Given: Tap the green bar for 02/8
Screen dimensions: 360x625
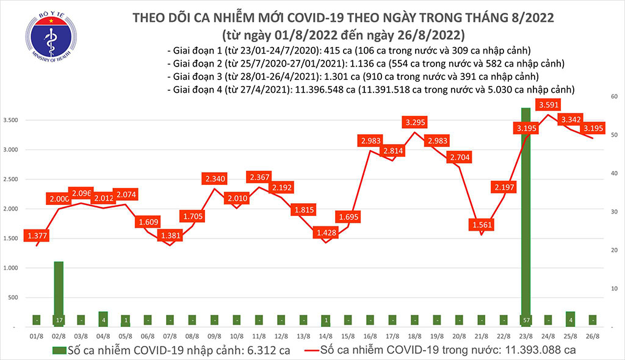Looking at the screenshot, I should [59, 290].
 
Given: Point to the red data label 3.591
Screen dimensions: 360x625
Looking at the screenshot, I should [549, 105].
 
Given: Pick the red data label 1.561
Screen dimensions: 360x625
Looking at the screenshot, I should [482, 224].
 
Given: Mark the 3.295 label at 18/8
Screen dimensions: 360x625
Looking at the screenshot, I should [414, 122].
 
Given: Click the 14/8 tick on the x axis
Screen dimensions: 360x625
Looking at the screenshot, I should [325, 336].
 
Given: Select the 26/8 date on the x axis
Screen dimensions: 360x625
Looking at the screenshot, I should [593, 336].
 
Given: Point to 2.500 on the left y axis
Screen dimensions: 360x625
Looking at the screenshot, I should [13, 179].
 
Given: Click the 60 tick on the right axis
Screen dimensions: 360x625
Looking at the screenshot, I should [612, 96].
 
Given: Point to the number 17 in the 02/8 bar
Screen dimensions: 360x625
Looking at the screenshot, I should [59, 319].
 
